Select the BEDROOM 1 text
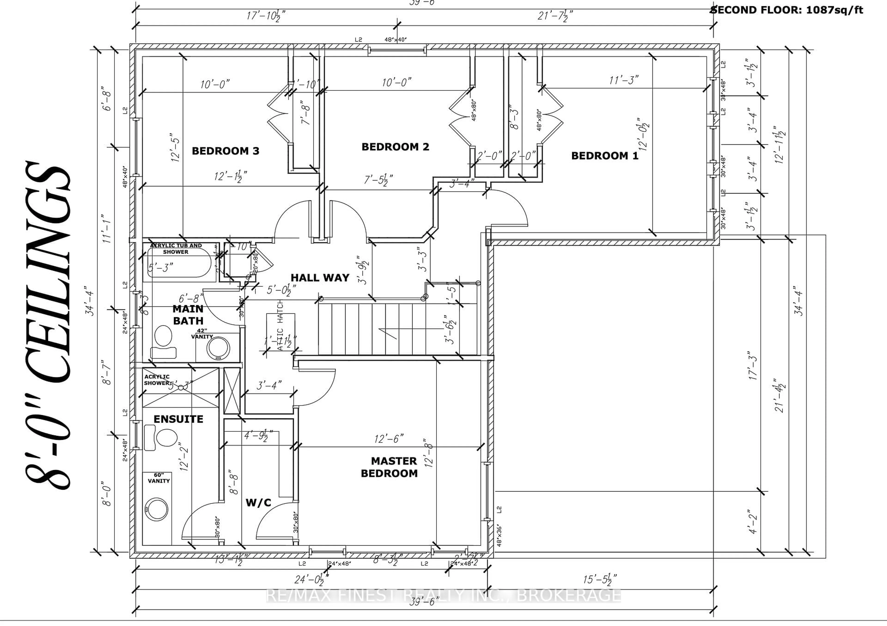click(604, 156)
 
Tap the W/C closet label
click(258, 502)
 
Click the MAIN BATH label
click(188, 315)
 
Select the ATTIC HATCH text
click(280, 325)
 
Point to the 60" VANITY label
click(158, 478)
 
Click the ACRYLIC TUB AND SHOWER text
click(176, 249)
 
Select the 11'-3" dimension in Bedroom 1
click(623, 80)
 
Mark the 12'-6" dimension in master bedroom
click(388, 439)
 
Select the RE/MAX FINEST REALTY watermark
click(443, 596)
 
